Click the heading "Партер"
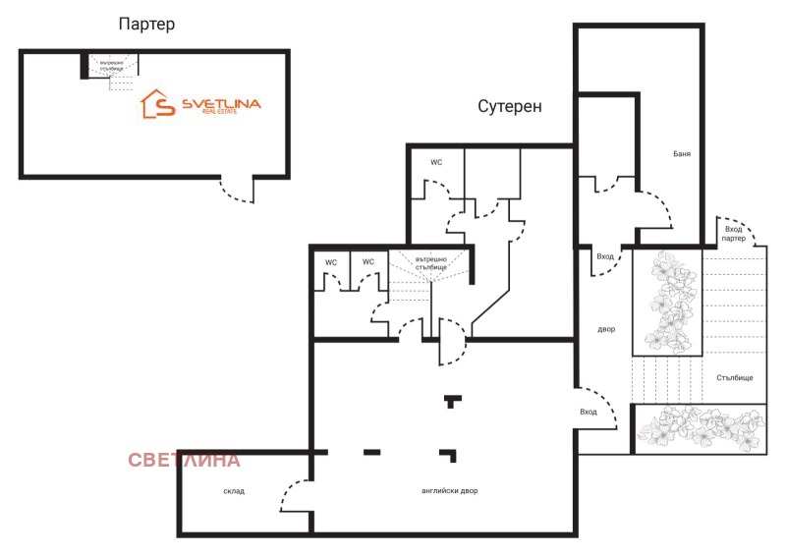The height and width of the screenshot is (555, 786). pyautogui.click(x=146, y=25)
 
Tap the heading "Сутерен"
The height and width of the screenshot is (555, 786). pyautogui.click(x=510, y=106)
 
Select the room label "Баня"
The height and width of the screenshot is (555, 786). pyautogui.click(x=681, y=154)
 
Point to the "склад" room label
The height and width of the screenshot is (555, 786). pyautogui.click(x=234, y=490)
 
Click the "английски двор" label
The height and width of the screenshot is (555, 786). pyautogui.click(x=444, y=490)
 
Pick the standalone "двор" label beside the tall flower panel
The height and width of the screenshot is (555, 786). pyautogui.click(x=606, y=329)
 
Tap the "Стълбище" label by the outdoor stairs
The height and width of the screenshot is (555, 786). pyautogui.click(x=735, y=377)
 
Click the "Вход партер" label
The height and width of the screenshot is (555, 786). pyautogui.click(x=733, y=234)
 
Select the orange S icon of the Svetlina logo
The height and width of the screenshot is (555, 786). pyautogui.click(x=157, y=104)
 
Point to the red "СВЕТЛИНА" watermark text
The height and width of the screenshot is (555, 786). pyautogui.click(x=184, y=460)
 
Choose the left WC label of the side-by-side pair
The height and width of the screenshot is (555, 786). pyautogui.click(x=331, y=262)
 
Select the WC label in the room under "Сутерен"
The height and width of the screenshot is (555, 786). pyautogui.click(x=436, y=162)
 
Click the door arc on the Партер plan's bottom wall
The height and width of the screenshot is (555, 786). pyautogui.click(x=235, y=191)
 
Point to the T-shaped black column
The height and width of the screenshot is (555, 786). pyautogui.click(x=451, y=401)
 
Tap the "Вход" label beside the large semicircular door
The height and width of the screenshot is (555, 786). pyautogui.click(x=589, y=413)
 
